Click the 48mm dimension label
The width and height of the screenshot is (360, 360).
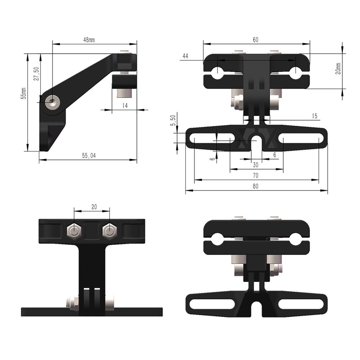[x=89, y=40]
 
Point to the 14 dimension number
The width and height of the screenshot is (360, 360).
[x=125, y=105]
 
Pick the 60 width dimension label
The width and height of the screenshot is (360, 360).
[x=255, y=40]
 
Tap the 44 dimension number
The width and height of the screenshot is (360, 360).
[x=185, y=56]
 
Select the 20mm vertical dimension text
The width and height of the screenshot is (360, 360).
[x=338, y=68]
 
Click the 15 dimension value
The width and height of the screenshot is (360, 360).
[x=314, y=116]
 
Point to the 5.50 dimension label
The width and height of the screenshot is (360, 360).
[x=173, y=120]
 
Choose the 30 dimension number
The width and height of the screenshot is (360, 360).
[x=256, y=165]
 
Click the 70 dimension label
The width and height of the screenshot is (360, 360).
[x=256, y=176]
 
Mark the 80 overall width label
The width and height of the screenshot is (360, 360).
[x=256, y=186]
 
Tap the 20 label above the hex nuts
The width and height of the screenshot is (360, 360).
[x=94, y=207]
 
